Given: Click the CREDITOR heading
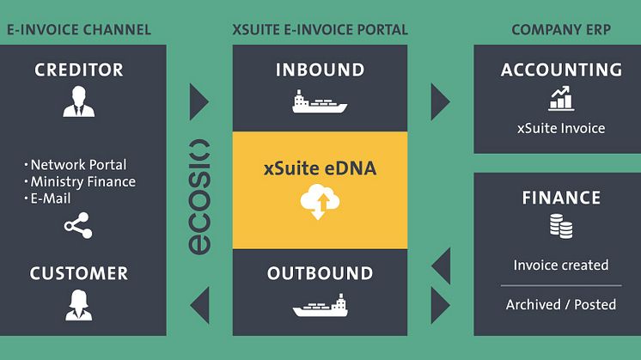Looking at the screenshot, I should (x=79, y=70).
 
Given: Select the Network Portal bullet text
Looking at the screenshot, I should (x=78, y=165).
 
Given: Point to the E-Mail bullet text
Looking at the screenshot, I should (x=58, y=198).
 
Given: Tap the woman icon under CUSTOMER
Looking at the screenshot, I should (x=79, y=304).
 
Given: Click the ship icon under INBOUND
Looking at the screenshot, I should (x=320, y=102).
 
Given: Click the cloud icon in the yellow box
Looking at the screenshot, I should (x=320, y=203).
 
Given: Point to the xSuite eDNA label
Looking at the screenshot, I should (x=320, y=169).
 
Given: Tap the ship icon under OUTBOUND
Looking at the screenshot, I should (x=320, y=306).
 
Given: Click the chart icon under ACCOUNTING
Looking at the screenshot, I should (x=561, y=99).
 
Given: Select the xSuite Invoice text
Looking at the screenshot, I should (x=561, y=128).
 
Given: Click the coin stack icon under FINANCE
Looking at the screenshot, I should (x=561, y=226).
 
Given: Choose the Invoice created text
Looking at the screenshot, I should (x=561, y=265).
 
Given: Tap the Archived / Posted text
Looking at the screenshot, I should (x=561, y=304).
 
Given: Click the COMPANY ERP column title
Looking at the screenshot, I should (x=561, y=30).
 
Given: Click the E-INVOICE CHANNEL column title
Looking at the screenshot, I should (x=79, y=30).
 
